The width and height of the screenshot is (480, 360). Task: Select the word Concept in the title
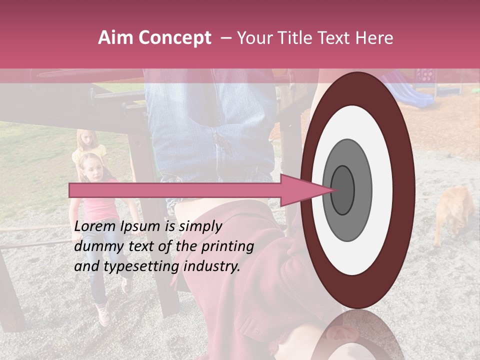point(175,38)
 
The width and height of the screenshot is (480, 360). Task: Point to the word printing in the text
point(228,247)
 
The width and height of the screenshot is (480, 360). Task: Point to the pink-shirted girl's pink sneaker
point(103,313)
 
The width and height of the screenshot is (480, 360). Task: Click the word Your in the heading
point(255,38)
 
